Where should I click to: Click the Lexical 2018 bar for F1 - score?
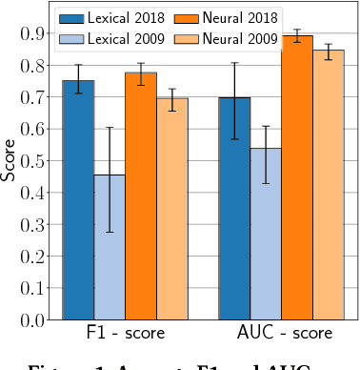point(78,200)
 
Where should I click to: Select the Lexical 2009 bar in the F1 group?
point(110,248)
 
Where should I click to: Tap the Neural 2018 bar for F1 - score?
point(141,196)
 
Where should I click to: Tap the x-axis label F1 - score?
point(125,334)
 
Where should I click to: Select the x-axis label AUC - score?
point(285,334)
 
